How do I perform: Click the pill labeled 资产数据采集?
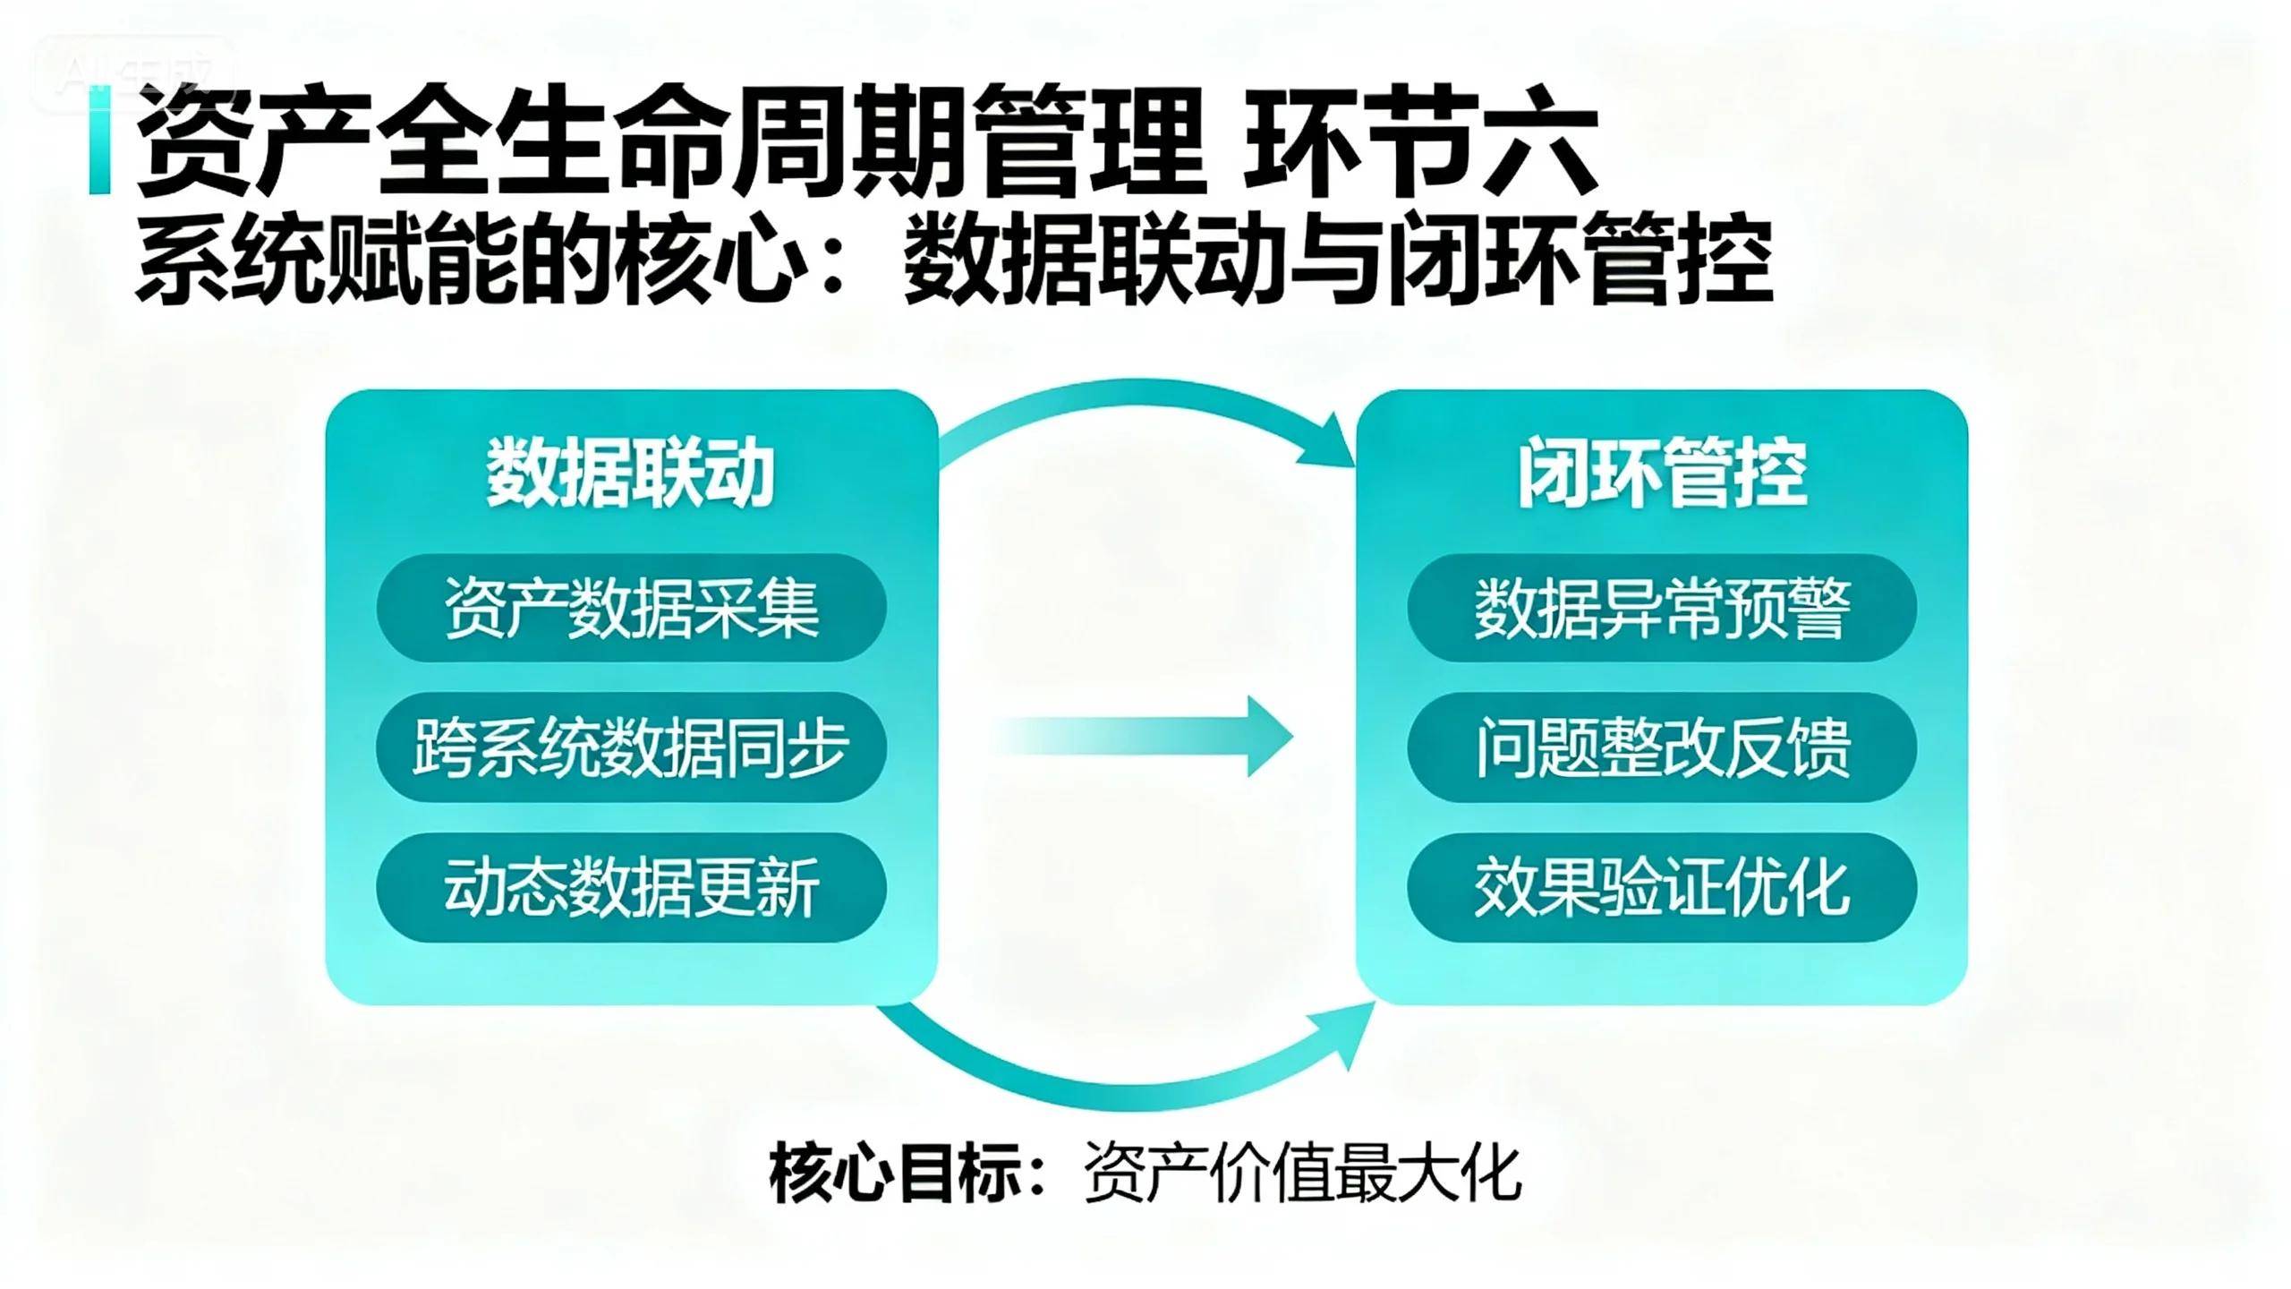pos(631,609)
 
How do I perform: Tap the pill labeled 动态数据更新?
pos(631,889)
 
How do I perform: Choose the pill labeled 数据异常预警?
pos(1662,609)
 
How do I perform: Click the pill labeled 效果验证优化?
pos(1662,889)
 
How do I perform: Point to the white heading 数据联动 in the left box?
pos(630,474)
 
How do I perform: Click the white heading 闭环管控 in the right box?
pos(1662,474)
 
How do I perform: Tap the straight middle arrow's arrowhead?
pos(1266,737)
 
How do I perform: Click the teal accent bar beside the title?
pos(99,139)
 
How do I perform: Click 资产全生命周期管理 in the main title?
pos(671,143)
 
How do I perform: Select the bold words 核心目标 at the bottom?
pos(895,1174)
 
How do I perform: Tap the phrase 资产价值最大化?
pos(1302,1174)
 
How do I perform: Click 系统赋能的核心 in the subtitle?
pos(465,259)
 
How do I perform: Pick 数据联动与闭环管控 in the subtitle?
pos(1338,259)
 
